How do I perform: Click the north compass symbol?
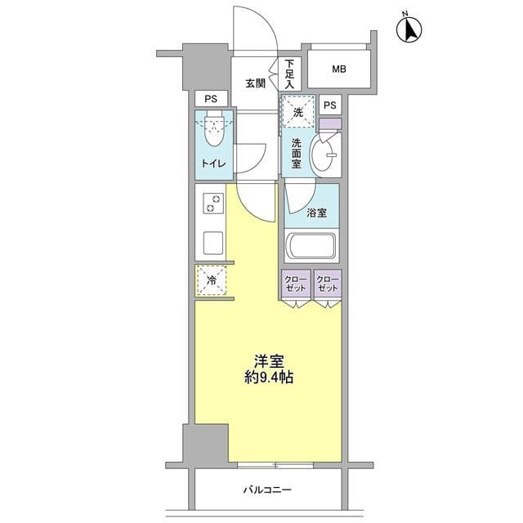(409, 29)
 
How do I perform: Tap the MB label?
(339, 69)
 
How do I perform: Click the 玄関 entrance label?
(255, 83)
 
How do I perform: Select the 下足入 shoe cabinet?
(289, 74)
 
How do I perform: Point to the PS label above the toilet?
(211, 99)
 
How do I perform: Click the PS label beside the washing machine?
(329, 104)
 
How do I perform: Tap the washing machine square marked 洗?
(298, 112)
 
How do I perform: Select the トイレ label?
(214, 162)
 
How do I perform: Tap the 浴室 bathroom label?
(317, 213)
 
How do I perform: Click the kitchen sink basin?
(214, 243)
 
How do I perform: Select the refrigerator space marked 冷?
(211, 281)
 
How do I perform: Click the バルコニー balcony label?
(266, 490)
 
